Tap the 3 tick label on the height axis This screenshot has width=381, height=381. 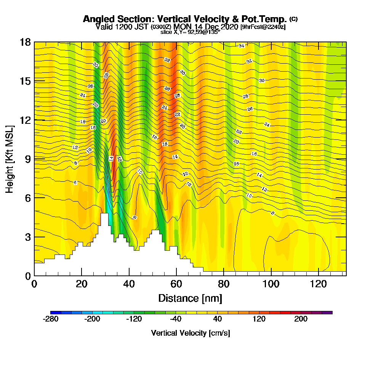tap(28, 237)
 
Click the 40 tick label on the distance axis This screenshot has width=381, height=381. tap(129, 284)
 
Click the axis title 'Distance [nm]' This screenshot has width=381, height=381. tap(190, 298)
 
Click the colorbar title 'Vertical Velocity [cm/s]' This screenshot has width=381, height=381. tap(190, 333)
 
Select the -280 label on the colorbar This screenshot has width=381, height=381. tap(51, 319)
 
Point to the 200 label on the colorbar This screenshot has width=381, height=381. tap(301, 319)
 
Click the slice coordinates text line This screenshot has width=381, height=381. tap(190, 32)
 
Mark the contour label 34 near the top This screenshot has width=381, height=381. tap(241, 46)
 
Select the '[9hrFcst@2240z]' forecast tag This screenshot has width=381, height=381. tap(263, 27)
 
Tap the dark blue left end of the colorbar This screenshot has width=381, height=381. tap(53, 312)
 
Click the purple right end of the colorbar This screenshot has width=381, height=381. tap(329, 312)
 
